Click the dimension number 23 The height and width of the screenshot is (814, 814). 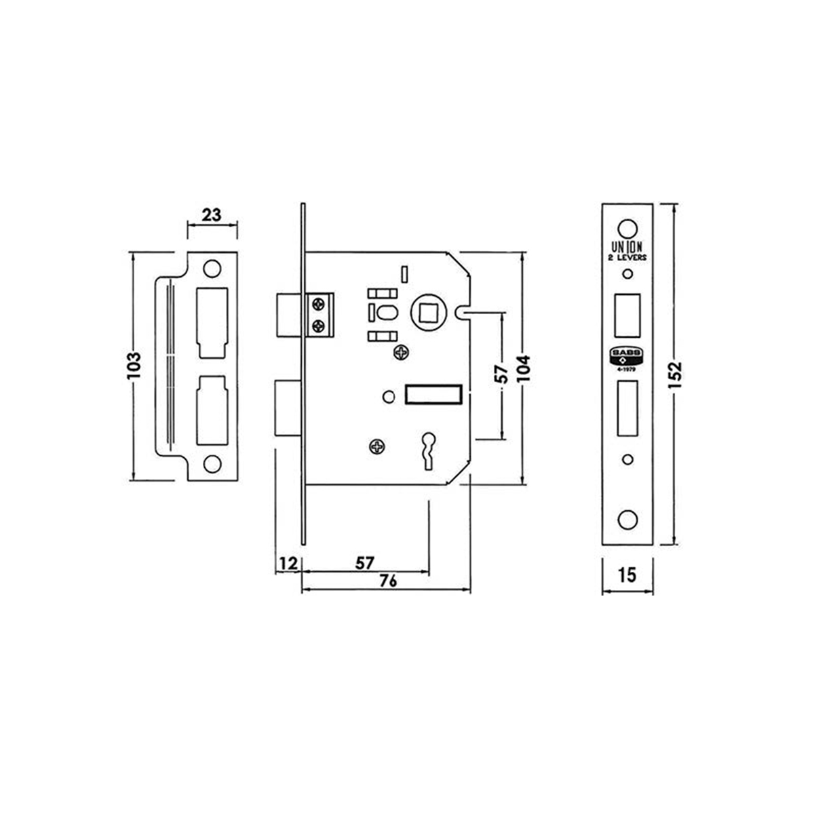coord(212,215)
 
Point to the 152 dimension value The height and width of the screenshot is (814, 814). coord(675,375)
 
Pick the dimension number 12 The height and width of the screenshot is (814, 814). coord(288,562)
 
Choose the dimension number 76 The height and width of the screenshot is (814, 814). coord(387,581)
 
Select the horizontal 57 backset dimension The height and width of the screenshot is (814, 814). coord(364,562)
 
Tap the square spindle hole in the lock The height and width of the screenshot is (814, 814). coord(429,313)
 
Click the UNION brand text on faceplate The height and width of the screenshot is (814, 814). coord(627,247)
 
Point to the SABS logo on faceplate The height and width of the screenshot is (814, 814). coord(627,354)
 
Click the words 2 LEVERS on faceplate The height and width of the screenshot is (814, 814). coord(627,258)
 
